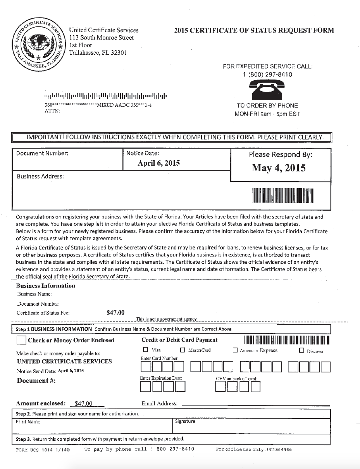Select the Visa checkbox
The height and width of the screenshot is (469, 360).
145,350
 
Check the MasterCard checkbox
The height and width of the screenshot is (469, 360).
183,350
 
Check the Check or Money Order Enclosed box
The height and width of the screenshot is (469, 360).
21,340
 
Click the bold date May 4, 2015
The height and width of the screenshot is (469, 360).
279,168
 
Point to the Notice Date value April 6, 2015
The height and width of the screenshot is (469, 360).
158,163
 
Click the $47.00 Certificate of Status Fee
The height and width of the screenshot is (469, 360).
115,312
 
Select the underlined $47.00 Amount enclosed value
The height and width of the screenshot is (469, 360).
83,403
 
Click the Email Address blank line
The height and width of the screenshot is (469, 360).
255,405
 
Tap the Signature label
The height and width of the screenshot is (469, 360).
185,422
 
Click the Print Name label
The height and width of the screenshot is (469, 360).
28,422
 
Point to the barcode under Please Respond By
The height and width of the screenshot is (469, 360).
282,196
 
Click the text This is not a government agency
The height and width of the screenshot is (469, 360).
166,319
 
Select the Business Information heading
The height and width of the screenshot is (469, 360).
46,286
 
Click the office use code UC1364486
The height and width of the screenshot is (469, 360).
279,450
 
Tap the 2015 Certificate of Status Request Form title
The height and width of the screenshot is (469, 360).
254,31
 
